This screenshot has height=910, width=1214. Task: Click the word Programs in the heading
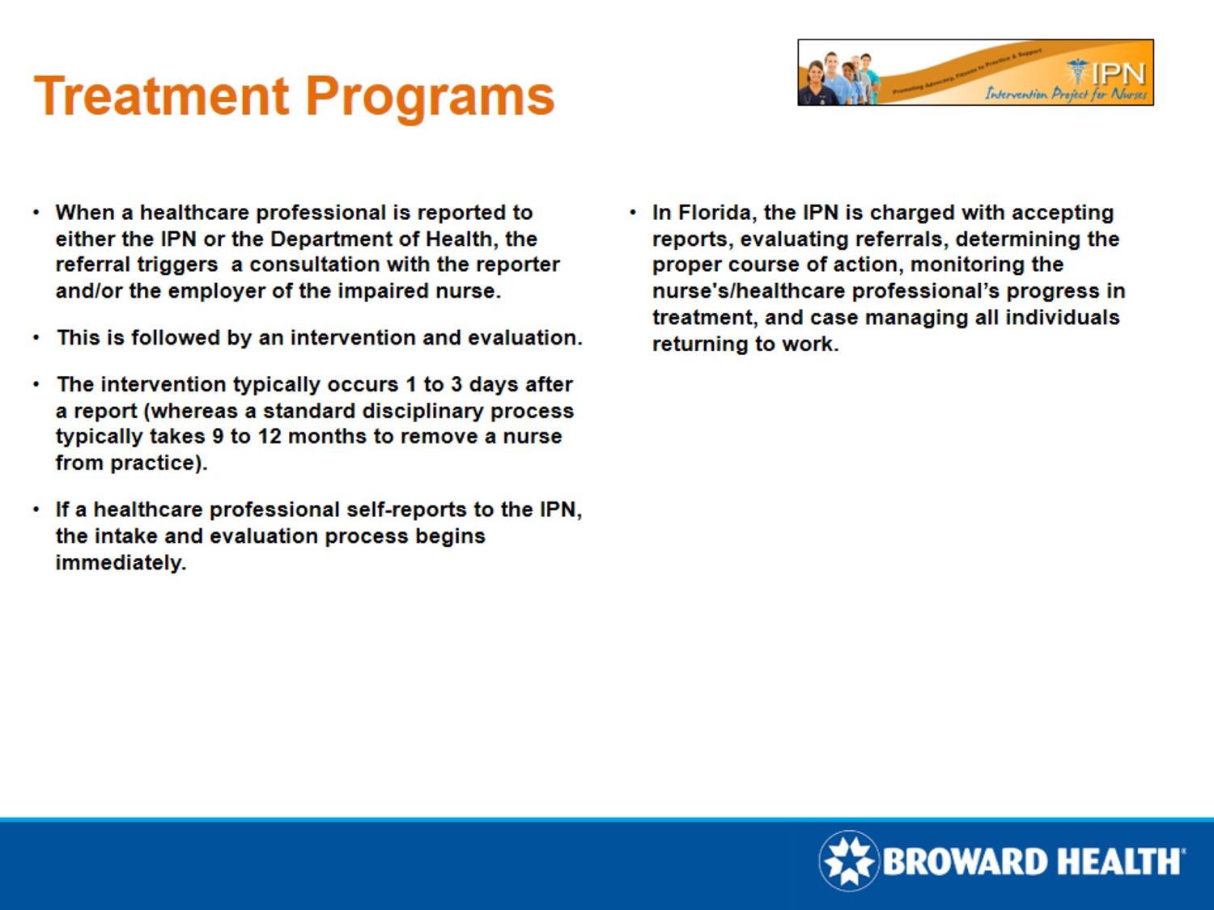point(430,96)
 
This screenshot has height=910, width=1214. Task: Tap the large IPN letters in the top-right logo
point(1118,74)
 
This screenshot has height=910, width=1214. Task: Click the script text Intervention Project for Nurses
point(1065,94)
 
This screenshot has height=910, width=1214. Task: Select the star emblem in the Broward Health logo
point(848,861)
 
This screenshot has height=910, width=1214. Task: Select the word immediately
point(120,563)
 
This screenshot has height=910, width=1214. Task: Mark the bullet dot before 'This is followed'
point(36,338)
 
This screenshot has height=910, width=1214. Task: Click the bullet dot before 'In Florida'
point(633,213)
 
